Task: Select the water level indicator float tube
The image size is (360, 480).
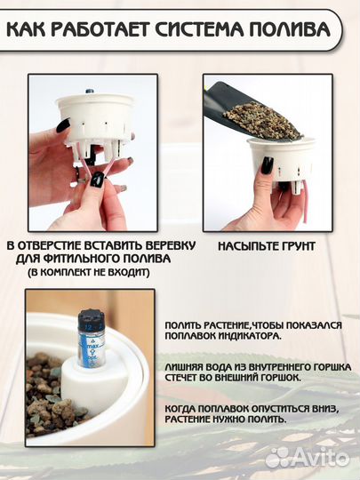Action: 92,338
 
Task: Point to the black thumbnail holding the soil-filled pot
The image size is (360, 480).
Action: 267,165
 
